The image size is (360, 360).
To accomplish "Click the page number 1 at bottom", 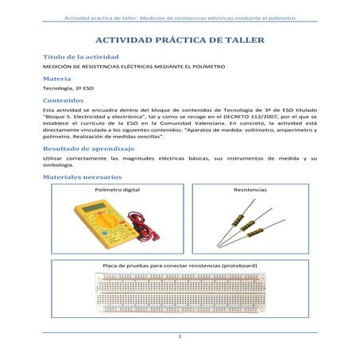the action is [180, 337].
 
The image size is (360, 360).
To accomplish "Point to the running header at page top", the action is [180, 14].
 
